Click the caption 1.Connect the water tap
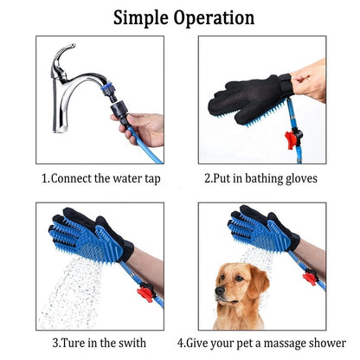[101, 180]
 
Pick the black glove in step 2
[251, 100]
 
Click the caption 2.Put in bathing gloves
[260, 180]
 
